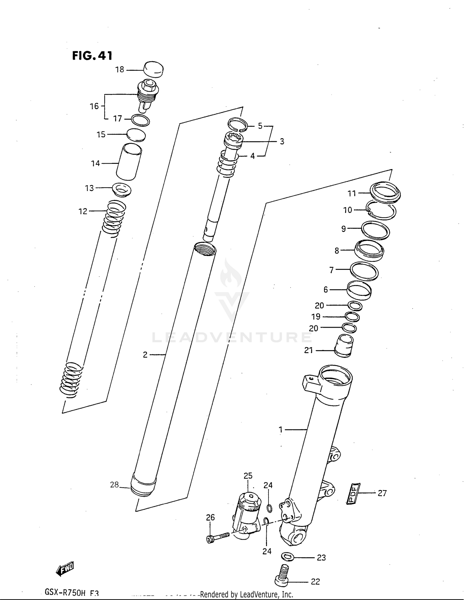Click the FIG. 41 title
pyautogui.click(x=92, y=56)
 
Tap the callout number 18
pyautogui.click(x=120, y=70)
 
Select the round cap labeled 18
pyautogui.click(x=154, y=69)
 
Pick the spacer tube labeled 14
pyautogui.click(x=129, y=162)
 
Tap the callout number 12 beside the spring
pyautogui.click(x=83, y=211)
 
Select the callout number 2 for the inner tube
pyautogui.click(x=145, y=355)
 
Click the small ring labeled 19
pyautogui.click(x=352, y=317)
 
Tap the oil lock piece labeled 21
pyautogui.click(x=344, y=346)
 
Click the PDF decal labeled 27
pyautogui.click(x=353, y=493)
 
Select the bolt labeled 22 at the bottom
pyautogui.click(x=282, y=575)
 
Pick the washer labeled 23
pyautogui.click(x=288, y=557)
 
